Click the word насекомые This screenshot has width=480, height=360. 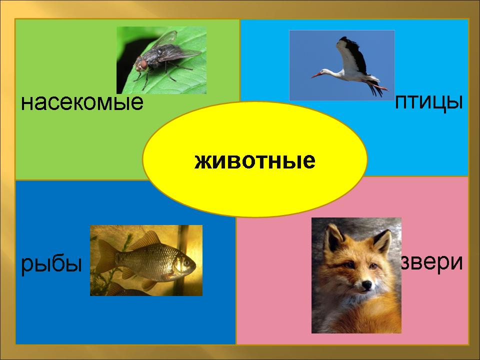(x=82, y=102)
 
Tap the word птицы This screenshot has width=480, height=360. (x=428, y=102)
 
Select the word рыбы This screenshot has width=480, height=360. (x=51, y=264)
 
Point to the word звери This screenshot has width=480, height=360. (x=431, y=262)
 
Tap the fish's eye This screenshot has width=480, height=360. (x=186, y=262)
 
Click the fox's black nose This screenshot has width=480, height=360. (x=366, y=285)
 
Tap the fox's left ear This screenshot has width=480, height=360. (x=333, y=237)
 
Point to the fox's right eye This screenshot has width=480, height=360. (x=373, y=266)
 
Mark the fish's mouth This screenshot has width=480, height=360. (x=194, y=267)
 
